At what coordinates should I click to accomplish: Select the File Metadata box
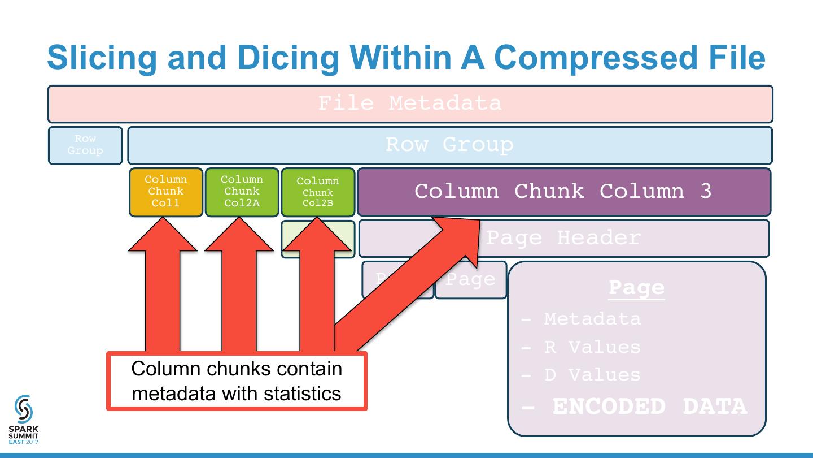pos(410,103)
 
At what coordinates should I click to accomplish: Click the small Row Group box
pos(85,145)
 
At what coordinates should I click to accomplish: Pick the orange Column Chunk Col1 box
pos(165,192)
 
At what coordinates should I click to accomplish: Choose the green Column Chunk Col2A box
pos(242,192)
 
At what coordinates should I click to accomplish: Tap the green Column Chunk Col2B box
pos(318,192)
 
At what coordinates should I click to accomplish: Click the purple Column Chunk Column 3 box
pos(563,192)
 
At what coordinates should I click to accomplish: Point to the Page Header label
pos(563,238)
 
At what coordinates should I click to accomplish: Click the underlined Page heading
pos(636,288)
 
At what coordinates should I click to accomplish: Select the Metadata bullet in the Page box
pos(592,319)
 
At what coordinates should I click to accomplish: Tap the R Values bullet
pos(592,347)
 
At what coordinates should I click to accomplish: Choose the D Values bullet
pos(592,374)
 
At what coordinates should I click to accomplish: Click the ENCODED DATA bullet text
pos(649,407)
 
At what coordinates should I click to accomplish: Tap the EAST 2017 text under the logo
pos(24,442)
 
